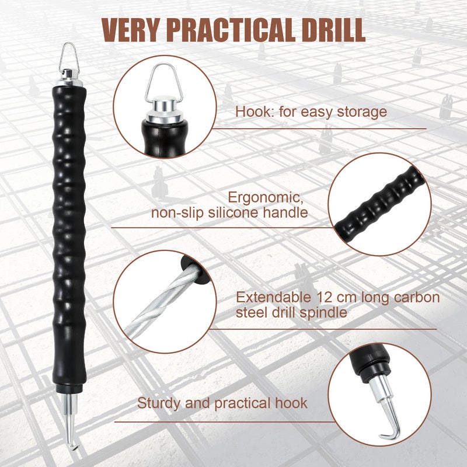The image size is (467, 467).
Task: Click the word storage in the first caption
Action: pyautogui.click(x=362, y=112)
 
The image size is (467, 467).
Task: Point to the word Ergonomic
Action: pyautogui.click(x=266, y=198)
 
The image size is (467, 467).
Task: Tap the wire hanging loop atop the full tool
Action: pyautogui.click(x=69, y=57)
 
